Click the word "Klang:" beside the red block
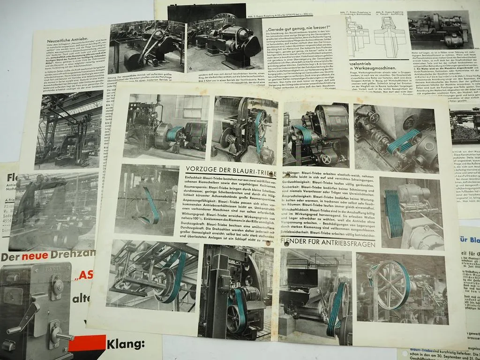click(126, 345)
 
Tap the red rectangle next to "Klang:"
click(88, 345)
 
